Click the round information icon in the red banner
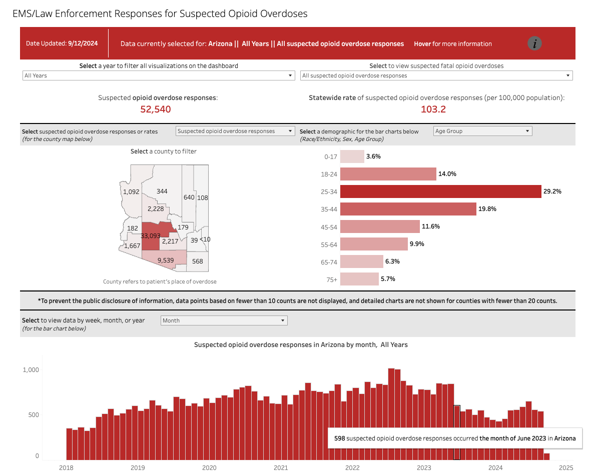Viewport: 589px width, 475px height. pyautogui.click(x=534, y=43)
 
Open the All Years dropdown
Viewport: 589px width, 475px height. pyautogui.click(x=159, y=75)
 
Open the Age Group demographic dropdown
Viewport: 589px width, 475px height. pyautogui.click(x=482, y=131)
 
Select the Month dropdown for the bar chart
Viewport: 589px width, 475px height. pyautogui.click(x=224, y=320)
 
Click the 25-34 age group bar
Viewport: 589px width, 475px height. pyautogui.click(x=440, y=191)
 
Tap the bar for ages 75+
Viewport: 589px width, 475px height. pyautogui.click(x=359, y=279)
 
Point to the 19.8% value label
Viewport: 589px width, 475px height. pyautogui.click(x=487, y=209)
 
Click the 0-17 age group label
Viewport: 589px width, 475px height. pyautogui.click(x=330, y=156)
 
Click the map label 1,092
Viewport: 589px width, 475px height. pyautogui.click(x=131, y=191)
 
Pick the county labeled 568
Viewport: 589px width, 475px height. pyautogui.click(x=197, y=261)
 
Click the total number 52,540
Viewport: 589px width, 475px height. pyautogui.click(x=156, y=109)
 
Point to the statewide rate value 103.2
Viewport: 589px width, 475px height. pyautogui.click(x=433, y=109)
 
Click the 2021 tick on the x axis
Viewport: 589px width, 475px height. pyautogui.click(x=281, y=468)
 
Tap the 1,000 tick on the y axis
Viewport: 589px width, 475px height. pyautogui.click(x=31, y=370)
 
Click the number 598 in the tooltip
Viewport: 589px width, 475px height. pyautogui.click(x=339, y=438)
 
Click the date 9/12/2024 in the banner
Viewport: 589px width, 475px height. pyautogui.click(x=83, y=43)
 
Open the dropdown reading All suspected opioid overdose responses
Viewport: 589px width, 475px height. pyautogui.click(x=436, y=75)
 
